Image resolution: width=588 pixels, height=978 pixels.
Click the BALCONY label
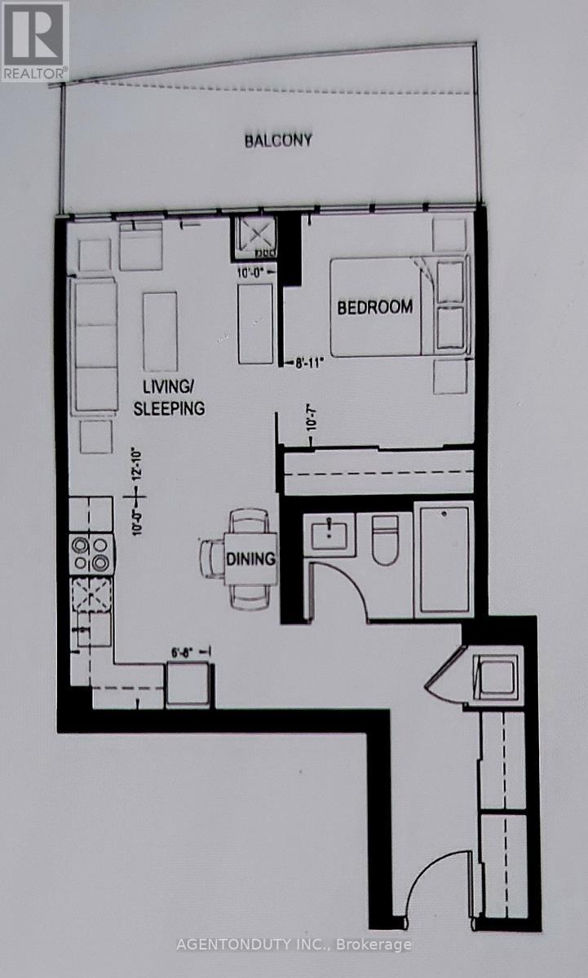[x=279, y=140]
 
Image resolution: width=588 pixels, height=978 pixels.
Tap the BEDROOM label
[x=375, y=307]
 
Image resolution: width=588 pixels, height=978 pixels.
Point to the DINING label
[x=253, y=560]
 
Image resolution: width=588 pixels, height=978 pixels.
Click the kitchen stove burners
[x=91, y=553]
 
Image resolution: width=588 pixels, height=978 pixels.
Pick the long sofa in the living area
[x=94, y=346]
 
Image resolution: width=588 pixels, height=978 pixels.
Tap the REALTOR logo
[x=34, y=39]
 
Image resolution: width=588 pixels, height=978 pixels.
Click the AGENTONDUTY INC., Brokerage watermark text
[x=294, y=945]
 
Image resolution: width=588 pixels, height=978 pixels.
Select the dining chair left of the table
[x=212, y=559]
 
